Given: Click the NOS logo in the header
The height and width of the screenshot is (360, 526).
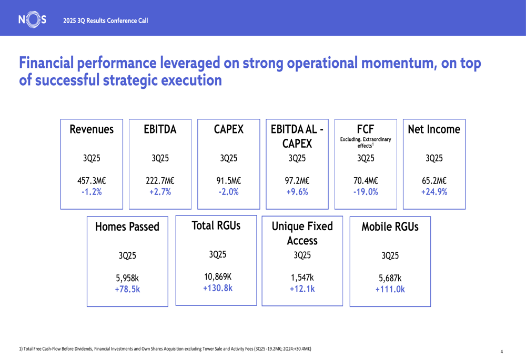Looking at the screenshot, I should pos(32,20).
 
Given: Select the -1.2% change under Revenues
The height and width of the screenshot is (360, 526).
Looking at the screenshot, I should pos(92,192).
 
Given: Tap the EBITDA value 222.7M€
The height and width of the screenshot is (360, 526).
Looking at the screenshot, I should pos(160,181).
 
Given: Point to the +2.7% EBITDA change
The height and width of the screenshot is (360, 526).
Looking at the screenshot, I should pos(160,192).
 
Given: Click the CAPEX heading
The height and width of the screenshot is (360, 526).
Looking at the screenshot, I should pos(229,129).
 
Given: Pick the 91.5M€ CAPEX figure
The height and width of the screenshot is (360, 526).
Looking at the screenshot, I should pos(229,181).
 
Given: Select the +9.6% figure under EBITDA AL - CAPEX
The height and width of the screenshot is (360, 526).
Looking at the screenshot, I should pos(297,192).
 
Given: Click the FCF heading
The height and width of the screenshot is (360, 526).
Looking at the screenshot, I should pos(366,129).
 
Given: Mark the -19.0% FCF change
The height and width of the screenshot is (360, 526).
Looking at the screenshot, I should pos(366,192).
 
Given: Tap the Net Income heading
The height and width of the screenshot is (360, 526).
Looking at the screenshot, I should pos(434,129).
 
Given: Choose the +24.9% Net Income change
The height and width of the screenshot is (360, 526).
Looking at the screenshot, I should pos(434,192).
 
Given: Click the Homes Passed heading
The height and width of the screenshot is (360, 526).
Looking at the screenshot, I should pos(127,227).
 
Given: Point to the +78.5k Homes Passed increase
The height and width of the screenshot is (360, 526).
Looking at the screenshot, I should pos(127,289).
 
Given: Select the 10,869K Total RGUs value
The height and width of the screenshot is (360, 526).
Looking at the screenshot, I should pos(217,277).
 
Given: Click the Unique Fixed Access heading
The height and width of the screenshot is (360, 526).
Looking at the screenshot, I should pos(302,233).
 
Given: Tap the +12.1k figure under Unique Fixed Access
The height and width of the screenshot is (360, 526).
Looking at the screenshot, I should pos(302,289).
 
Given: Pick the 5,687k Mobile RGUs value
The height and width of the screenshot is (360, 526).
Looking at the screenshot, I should pos(390,278).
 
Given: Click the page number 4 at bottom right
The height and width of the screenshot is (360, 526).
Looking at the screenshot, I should pos(501,352).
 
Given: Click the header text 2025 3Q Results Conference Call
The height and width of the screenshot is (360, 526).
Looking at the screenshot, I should pos(105,20).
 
